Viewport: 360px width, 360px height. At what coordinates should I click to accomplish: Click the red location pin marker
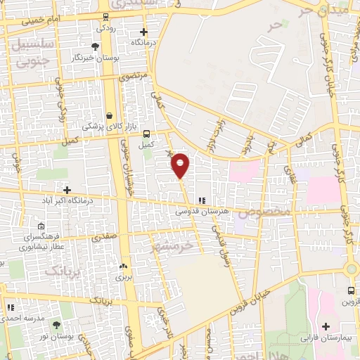(x=181, y=165)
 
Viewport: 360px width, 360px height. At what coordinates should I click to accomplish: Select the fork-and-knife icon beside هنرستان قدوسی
(x=202, y=200)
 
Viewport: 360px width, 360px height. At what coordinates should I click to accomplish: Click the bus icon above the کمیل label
(x=146, y=134)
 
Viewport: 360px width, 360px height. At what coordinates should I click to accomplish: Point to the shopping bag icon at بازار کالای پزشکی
(x=109, y=116)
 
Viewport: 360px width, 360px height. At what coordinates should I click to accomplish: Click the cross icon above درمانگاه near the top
(x=143, y=32)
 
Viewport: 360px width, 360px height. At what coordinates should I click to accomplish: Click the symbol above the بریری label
(x=124, y=266)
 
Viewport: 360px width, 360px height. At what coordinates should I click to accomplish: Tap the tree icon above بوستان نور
(x=56, y=325)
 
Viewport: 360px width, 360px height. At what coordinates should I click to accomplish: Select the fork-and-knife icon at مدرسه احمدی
(x=11, y=307)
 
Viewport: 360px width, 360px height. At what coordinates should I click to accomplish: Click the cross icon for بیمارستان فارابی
(x=326, y=326)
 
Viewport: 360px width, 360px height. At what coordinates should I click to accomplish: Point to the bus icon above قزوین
(x=351, y=290)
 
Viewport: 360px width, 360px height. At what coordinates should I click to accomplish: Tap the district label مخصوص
(x=264, y=212)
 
